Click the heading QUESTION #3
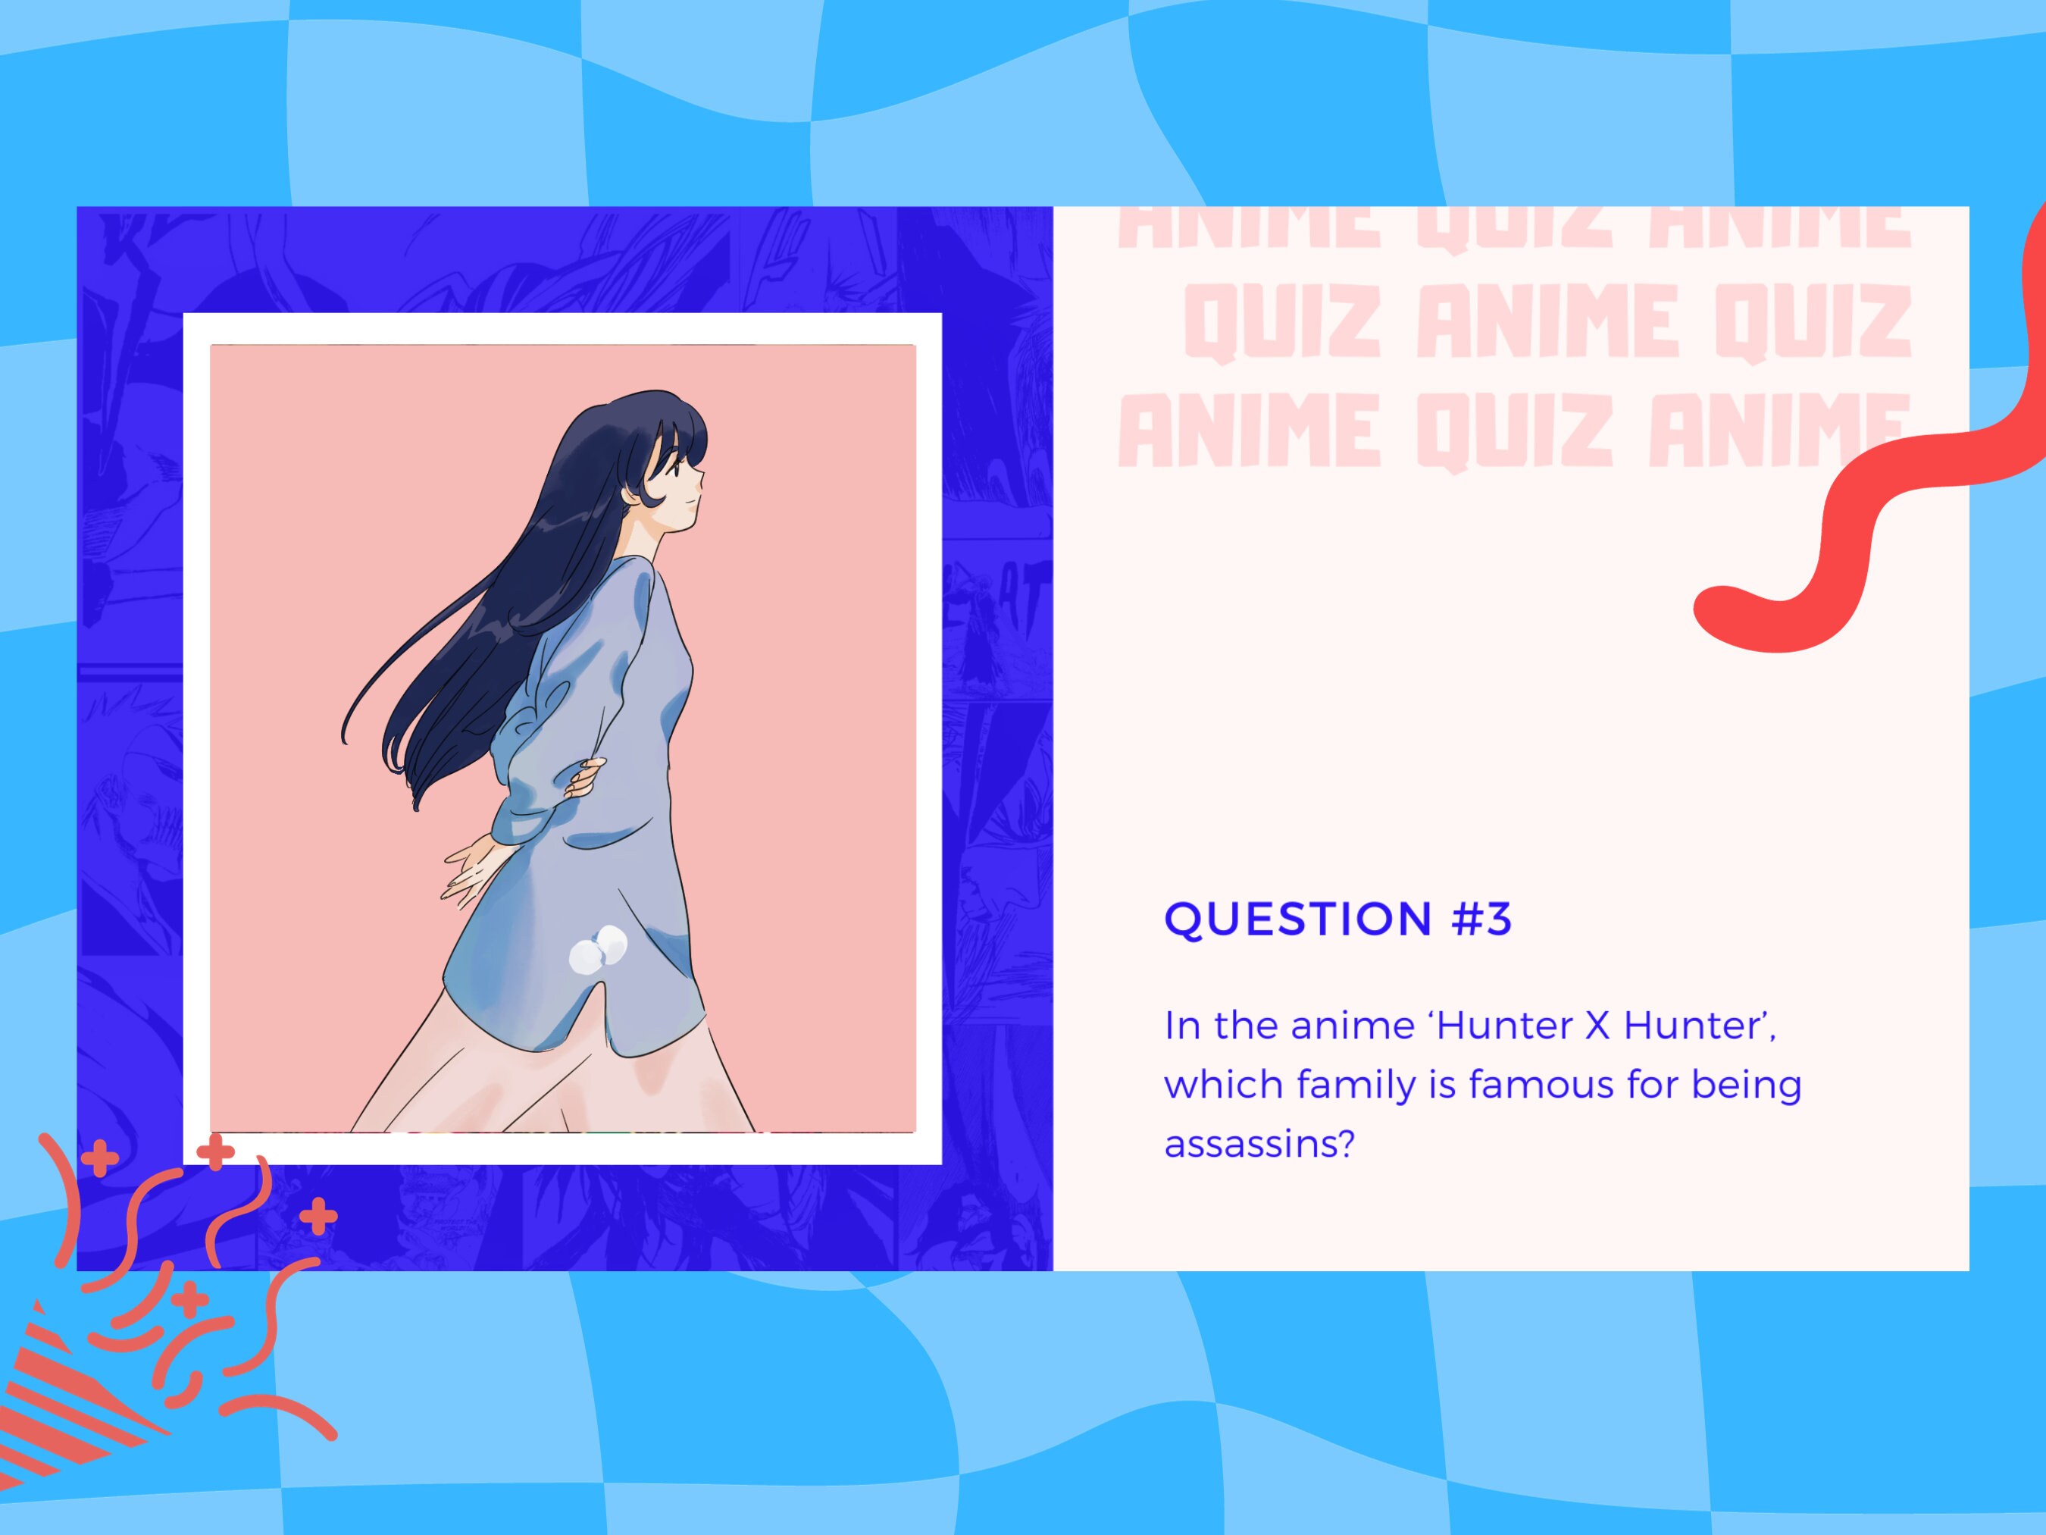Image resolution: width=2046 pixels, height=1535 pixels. pos(1337,919)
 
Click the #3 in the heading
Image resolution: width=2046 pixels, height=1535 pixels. pos(1481,919)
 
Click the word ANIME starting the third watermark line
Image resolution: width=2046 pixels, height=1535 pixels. pos(1249,431)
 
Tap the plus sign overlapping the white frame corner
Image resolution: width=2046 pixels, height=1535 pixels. pos(215,1152)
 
